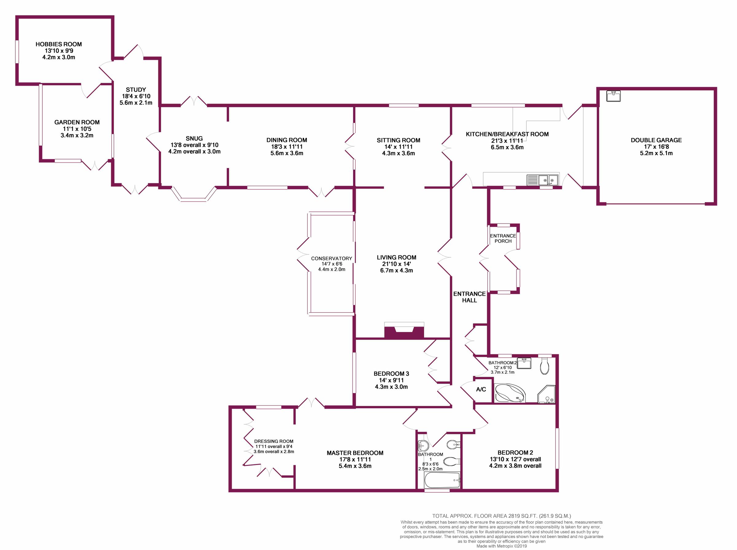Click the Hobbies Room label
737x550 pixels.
(x=59, y=44)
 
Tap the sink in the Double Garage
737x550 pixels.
(x=613, y=96)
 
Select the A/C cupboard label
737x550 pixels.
(x=481, y=389)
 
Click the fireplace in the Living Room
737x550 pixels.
(x=404, y=332)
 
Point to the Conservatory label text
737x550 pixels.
(x=331, y=258)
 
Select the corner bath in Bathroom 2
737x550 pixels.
(x=510, y=394)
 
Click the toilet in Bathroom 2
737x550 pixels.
(x=545, y=365)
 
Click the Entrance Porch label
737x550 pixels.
(x=503, y=238)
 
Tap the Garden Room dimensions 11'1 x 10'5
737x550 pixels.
(x=77, y=129)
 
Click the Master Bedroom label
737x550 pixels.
(x=355, y=453)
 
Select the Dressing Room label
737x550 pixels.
(x=274, y=442)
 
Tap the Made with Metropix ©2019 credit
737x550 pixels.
(x=501, y=546)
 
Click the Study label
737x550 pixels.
(x=136, y=90)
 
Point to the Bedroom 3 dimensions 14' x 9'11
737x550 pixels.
(x=391, y=380)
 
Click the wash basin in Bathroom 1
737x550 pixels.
(x=423, y=445)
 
